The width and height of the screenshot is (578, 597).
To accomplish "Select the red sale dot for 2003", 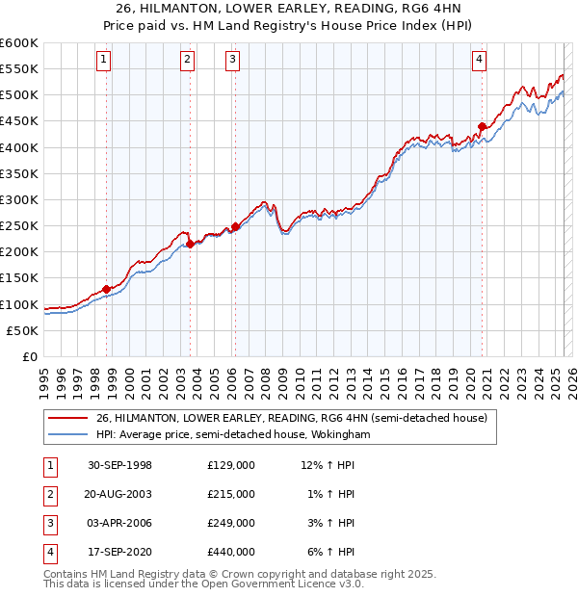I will point(190,245).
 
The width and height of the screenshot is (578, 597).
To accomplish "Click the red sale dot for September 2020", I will point(482,126).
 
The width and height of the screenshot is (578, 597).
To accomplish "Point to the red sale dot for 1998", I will point(107,289).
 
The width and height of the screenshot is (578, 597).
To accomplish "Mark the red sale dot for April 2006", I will point(235,226).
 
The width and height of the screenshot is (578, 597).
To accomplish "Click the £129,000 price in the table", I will point(231,465).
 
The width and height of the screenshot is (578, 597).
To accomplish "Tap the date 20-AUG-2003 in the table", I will point(119,494).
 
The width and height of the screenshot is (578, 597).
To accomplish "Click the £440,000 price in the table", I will point(231,552).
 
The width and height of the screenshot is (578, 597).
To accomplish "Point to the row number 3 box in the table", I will point(48,523).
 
